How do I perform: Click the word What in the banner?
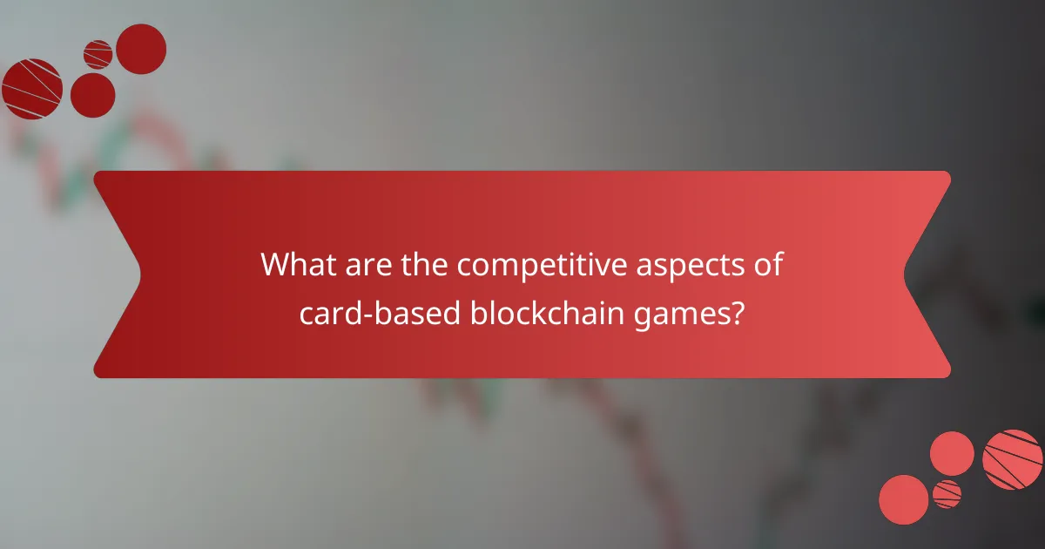click(x=299, y=264)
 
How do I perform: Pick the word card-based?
click(x=375, y=312)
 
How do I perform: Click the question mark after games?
click(x=737, y=312)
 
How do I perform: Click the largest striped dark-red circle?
click(x=32, y=89)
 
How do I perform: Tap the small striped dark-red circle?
click(x=98, y=54)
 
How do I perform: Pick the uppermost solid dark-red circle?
click(x=141, y=49)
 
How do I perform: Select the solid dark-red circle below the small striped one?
click(x=92, y=95)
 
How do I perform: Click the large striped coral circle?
click(x=1013, y=459)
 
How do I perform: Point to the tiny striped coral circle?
click(x=947, y=494)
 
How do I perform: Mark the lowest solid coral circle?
click(x=904, y=499)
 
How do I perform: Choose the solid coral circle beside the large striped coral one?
click(x=952, y=453)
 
